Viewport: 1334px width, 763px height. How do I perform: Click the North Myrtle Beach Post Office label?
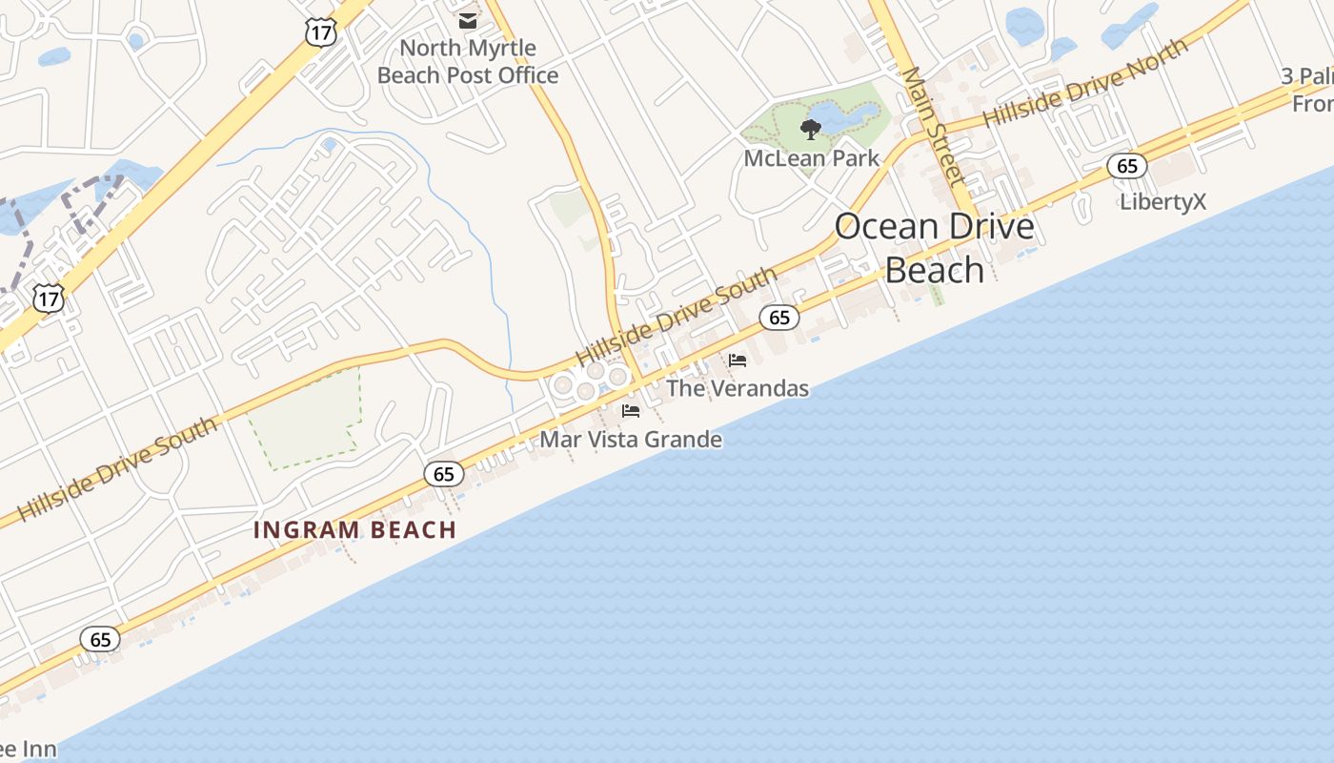click(x=468, y=61)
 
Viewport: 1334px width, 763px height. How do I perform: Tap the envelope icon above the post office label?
click(x=468, y=20)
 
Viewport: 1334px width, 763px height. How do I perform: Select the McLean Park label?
click(x=811, y=157)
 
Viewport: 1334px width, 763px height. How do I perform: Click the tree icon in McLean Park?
click(x=811, y=129)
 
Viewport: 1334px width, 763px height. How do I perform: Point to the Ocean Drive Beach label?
click(x=934, y=248)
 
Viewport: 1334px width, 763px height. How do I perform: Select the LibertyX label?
click(x=1162, y=202)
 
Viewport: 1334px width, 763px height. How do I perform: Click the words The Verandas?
click(x=738, y=388)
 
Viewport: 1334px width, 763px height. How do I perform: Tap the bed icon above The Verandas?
click(x=738, y=361)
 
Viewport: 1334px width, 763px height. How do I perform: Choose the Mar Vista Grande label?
click(x=631, y=440)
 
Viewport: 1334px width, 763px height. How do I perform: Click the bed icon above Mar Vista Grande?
click(x=631, y=411)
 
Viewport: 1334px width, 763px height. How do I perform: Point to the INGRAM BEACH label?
click(x=355, y=530)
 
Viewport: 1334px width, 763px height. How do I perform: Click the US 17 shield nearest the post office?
click(x=321, y=31)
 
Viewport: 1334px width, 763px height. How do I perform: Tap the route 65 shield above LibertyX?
click(x=1127, y=167)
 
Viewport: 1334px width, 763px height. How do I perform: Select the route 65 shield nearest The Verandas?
click(x=779, y=318)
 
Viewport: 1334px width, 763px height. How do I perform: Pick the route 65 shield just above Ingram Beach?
click(x=443, y=474)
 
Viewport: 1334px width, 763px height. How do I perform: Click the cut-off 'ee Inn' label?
click(x=29, y=750)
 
